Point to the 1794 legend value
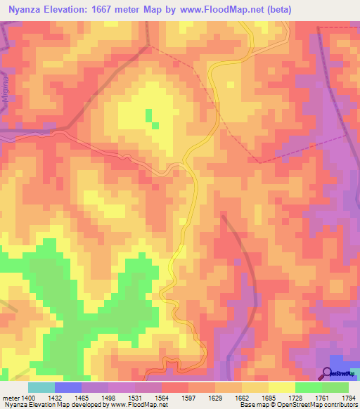347,398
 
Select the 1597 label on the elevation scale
174,398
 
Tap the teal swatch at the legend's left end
41,387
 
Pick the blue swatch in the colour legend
67,387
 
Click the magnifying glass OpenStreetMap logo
327,372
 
